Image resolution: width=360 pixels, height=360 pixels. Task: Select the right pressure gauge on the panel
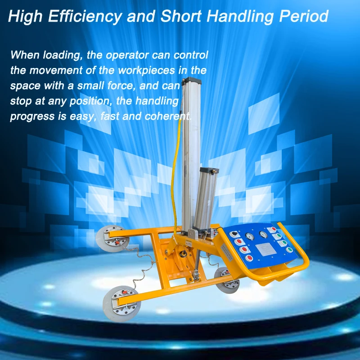point(262,234)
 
